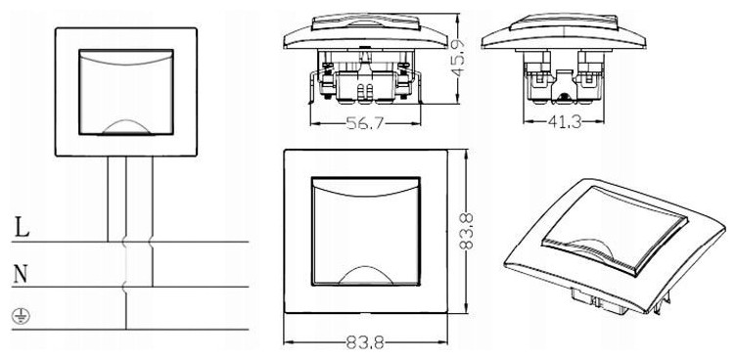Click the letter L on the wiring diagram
(22, 227)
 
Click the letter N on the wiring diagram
(21, 274)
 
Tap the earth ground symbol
(21, 317)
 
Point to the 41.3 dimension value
(565, 122)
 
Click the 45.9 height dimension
(459, 58)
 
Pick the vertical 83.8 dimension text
(466, 231)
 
